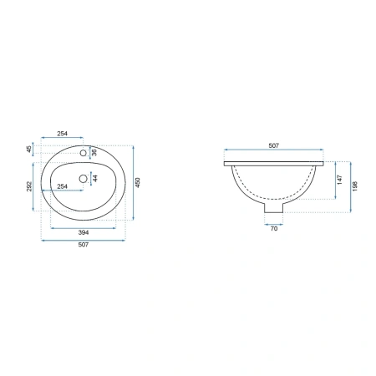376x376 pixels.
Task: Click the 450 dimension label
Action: pyautogui.click(x=138, y=182)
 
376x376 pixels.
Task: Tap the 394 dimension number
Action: pyautogui.click(x=84, y=232)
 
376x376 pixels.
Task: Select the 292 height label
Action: pyautogui.click(x=29, y=186)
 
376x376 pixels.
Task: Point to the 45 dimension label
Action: pyautogui.click(x=29, y=150)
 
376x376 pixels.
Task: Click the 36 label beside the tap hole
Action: pyautogui.click(x=94, y=152)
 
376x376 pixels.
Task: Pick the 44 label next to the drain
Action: pyautogui.click(x=95, y=178)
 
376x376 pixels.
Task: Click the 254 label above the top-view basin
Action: pyautogui.click(x=63, y=134)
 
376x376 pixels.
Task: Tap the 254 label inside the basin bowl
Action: pyautogui.click(x=62, y=186)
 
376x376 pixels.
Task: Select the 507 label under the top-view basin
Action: pyautogui.click(x=84, y=245)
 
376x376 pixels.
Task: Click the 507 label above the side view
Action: pyautogui.click(x=273, y=145)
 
